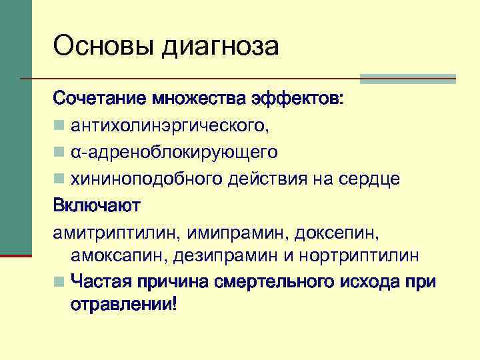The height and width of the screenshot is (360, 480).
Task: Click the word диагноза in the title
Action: tap(221, 47)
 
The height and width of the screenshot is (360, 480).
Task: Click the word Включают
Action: tap(97, 205)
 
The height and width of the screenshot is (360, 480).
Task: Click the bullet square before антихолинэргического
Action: tap(59, 125)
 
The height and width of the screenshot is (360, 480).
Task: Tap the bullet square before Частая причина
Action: tap(59, 282)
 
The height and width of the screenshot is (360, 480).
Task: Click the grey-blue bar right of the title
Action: tap(407, 79)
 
